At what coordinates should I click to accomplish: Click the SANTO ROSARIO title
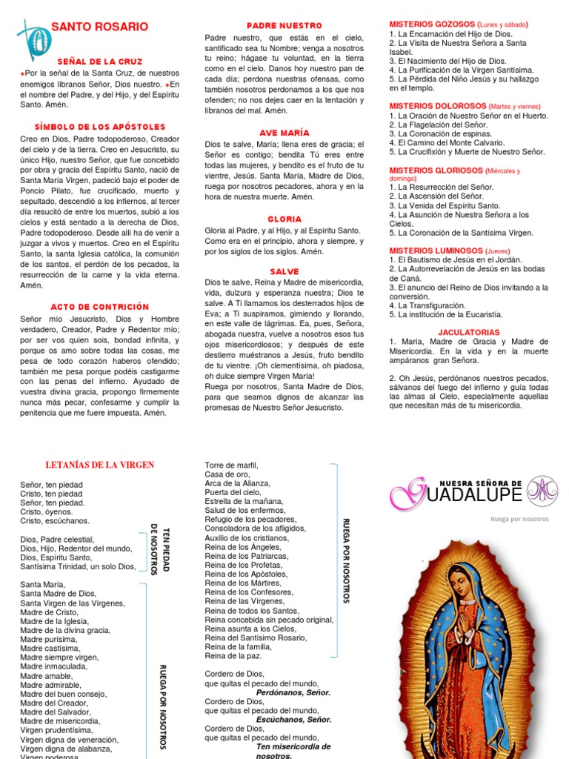99,27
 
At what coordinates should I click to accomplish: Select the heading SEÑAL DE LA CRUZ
99,61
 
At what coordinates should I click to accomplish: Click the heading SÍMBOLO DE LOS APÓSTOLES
99,127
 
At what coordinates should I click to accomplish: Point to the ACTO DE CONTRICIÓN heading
99,306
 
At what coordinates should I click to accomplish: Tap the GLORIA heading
284,219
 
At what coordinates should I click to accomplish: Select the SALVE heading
284,271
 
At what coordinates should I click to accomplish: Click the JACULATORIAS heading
469,332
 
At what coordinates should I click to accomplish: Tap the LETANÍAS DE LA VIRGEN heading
99,465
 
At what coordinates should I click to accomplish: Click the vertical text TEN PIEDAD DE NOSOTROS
160,543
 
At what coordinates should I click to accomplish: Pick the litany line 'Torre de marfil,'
231,465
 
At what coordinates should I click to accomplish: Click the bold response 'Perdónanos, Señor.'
293,692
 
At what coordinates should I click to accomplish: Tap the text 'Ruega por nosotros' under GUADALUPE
519,519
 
